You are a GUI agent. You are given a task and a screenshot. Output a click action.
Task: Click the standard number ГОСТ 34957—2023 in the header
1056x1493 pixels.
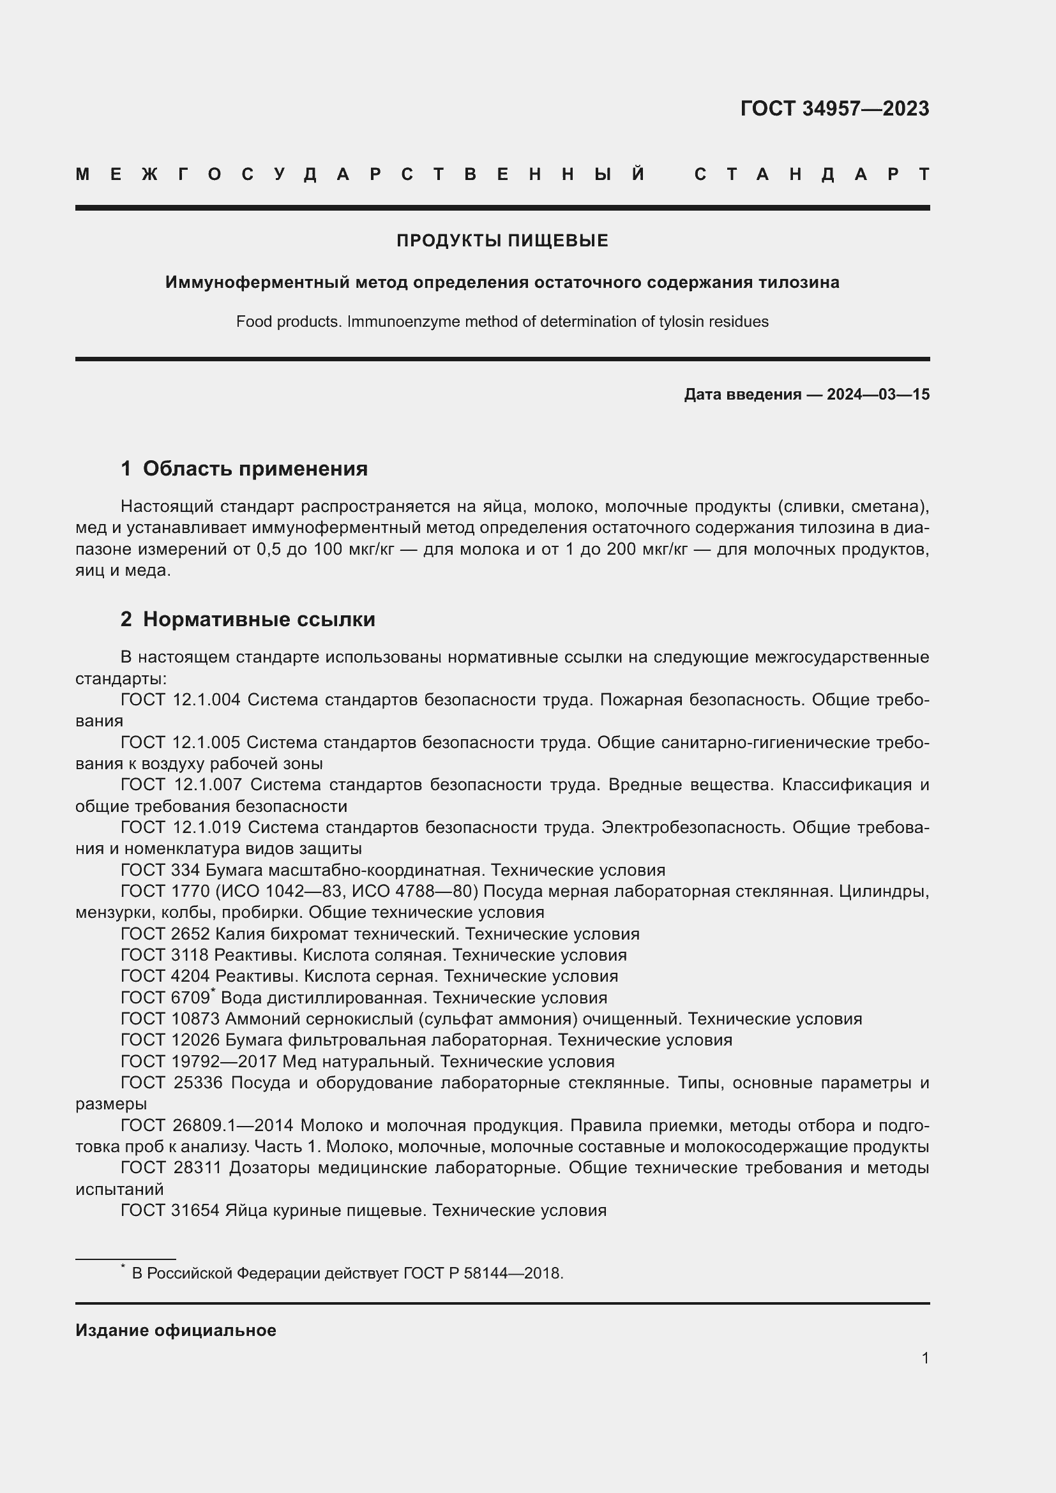coord(834,109)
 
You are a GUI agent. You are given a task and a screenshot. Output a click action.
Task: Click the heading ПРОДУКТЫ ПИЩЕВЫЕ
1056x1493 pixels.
coord(502,241)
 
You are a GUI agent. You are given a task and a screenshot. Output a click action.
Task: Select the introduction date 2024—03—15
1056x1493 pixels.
coord(878,394)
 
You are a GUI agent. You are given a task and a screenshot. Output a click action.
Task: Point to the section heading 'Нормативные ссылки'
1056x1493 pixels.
coord(259,619)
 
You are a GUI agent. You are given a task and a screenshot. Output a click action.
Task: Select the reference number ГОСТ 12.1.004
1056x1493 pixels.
coord(180,700)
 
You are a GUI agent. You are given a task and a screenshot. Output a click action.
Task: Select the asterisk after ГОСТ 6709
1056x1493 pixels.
coord(213,991)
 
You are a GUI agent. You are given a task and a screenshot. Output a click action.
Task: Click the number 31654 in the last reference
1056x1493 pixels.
coord(195,1210)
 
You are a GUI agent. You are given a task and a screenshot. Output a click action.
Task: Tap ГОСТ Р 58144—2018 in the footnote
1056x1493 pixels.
coord(482,1273)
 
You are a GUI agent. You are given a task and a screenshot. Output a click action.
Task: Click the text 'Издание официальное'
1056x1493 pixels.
coord(176,1330)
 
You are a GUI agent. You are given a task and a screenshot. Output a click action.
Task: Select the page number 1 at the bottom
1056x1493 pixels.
coord(924,1358)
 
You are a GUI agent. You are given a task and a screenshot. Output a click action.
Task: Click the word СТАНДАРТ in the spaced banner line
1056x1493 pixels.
coord(811,174)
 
